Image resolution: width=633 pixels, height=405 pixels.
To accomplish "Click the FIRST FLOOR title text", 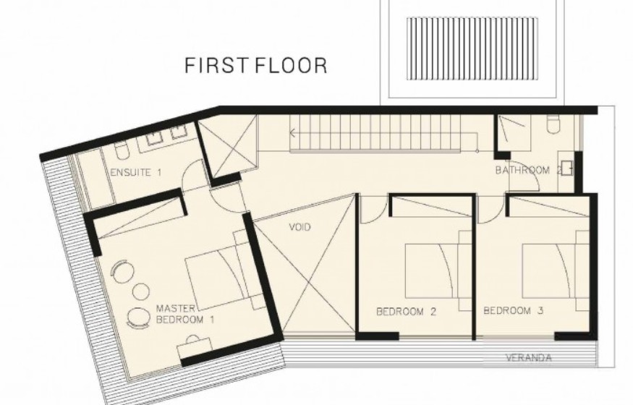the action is (256, 66).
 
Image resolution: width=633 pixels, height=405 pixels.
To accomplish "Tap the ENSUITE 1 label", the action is (136, 173).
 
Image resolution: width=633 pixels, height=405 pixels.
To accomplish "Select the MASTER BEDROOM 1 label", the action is (185, 315).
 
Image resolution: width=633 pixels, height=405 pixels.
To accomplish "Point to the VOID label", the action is (300, 227).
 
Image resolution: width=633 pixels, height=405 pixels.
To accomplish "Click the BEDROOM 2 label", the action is (406, 312).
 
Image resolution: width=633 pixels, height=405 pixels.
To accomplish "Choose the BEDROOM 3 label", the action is (514, 310).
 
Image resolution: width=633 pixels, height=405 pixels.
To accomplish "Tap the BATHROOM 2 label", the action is (528, 170).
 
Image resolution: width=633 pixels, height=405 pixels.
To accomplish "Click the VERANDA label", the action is (528, 357).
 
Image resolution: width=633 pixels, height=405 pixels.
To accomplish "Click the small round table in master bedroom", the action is (141, 291).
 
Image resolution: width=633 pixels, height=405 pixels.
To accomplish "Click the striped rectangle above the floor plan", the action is (472, 48).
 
